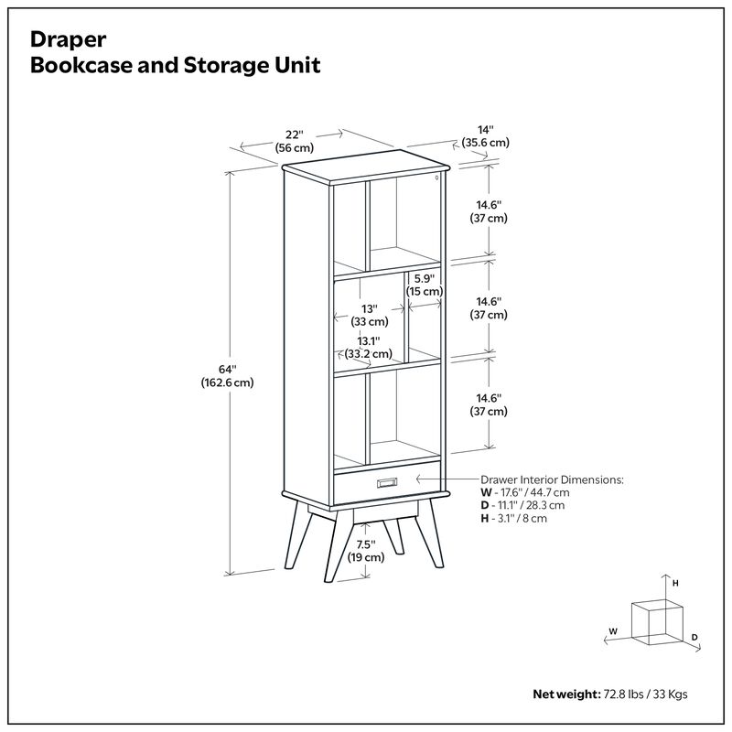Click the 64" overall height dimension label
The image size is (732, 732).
(x=228, y=376)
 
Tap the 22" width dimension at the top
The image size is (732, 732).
(x=294, y=141)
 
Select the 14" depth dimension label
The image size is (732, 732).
(x=485, y=136)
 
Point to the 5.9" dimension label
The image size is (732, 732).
(x=424, y=285)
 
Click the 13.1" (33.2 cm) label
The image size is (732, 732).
(x=369, y=348)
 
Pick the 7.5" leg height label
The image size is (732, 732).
(x=366, y=551)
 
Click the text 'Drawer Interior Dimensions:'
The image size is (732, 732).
(x=553, y=479)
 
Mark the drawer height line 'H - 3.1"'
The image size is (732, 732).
(x=526, y=518)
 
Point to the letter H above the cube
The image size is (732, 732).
(x=675, y=582)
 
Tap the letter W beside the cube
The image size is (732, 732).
(x=614, y=630)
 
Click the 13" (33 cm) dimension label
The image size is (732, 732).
(x=369, y=315)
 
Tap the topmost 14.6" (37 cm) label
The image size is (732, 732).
(x=489, y=211)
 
